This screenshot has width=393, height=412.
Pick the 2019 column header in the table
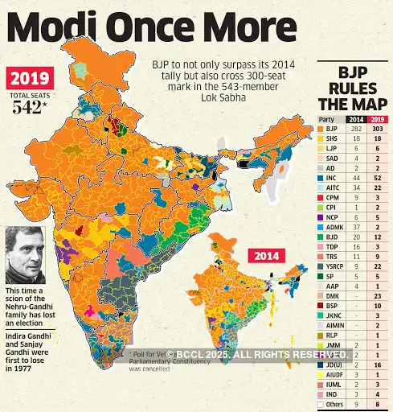(377, 118)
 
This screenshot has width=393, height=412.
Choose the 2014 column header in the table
(356, 118)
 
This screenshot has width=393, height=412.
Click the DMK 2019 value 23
(377, 295)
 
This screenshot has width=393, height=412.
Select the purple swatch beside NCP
(321, 217)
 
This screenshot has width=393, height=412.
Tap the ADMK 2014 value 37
(357, 228)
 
